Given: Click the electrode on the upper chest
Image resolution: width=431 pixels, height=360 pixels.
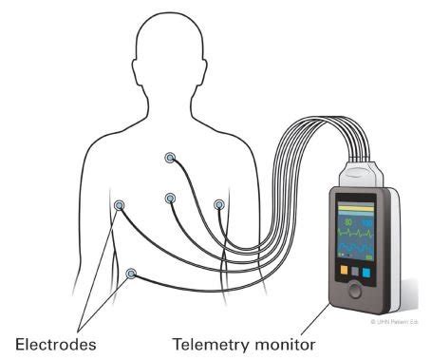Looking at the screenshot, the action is pos(170,158).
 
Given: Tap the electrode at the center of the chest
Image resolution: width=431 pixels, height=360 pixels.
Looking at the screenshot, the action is pos(170,198).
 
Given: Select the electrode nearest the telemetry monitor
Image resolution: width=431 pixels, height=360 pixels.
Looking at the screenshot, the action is pos(219,204).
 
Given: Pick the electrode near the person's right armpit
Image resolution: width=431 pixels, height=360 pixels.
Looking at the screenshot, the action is pos(120,205).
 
